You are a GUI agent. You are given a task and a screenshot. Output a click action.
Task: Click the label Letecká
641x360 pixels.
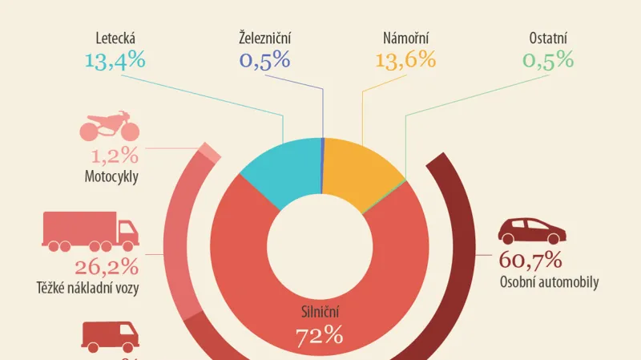pos(114,37)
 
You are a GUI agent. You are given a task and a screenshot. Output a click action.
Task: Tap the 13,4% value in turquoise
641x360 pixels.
pos(115,59)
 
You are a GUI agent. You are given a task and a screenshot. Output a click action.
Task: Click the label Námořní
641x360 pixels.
pos(407,37)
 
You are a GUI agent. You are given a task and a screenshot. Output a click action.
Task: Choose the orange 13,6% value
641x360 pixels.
pos(405,59)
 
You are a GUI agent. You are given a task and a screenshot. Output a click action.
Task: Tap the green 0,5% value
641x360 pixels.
pos(549,59)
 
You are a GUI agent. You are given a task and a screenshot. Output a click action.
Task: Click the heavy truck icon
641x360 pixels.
pos(90,232)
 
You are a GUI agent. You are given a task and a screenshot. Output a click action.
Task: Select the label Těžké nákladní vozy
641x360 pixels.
pos(87,288)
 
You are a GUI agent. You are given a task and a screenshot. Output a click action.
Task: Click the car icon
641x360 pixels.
pos(532,230)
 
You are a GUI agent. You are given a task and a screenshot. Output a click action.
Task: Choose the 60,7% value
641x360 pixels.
pos(530,260)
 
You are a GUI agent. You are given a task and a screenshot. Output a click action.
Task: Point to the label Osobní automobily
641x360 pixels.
pos(549,281)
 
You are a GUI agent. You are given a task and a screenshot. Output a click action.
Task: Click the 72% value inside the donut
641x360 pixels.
pos(320,334)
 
